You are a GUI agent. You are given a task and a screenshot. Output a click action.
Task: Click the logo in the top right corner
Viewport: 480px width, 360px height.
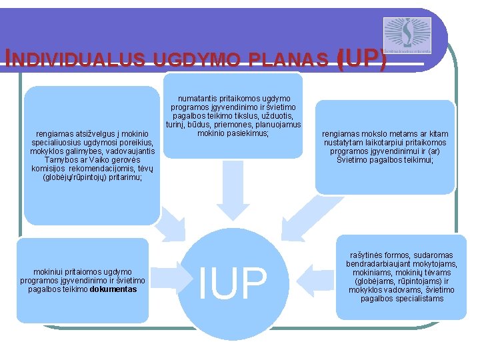[x=407, y=35]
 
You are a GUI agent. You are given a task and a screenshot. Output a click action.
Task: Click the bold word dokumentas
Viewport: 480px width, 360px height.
[x=113, y=289]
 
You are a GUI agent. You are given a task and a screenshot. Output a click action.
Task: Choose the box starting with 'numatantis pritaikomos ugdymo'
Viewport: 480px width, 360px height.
[x=233, y=115]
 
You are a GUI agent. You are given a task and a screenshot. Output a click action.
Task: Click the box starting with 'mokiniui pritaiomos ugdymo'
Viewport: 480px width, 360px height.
[x=83, y=280]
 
